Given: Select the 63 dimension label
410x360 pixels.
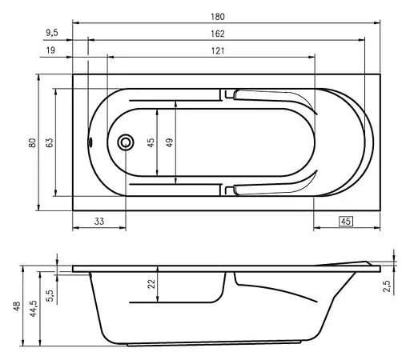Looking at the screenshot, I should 49,142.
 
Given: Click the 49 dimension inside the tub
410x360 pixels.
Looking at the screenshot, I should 170,142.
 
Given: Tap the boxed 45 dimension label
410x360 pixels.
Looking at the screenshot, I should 347,222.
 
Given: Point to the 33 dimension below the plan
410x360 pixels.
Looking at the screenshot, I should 99,222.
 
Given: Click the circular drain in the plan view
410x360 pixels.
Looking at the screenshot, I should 125,143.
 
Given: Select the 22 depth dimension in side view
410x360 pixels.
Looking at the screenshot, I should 151,284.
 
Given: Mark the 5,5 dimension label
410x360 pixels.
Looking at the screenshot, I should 50,294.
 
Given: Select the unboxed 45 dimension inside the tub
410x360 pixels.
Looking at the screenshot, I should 151,142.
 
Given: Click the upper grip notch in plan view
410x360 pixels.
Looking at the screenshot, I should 230,94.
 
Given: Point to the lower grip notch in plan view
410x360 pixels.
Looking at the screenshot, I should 230,190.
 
